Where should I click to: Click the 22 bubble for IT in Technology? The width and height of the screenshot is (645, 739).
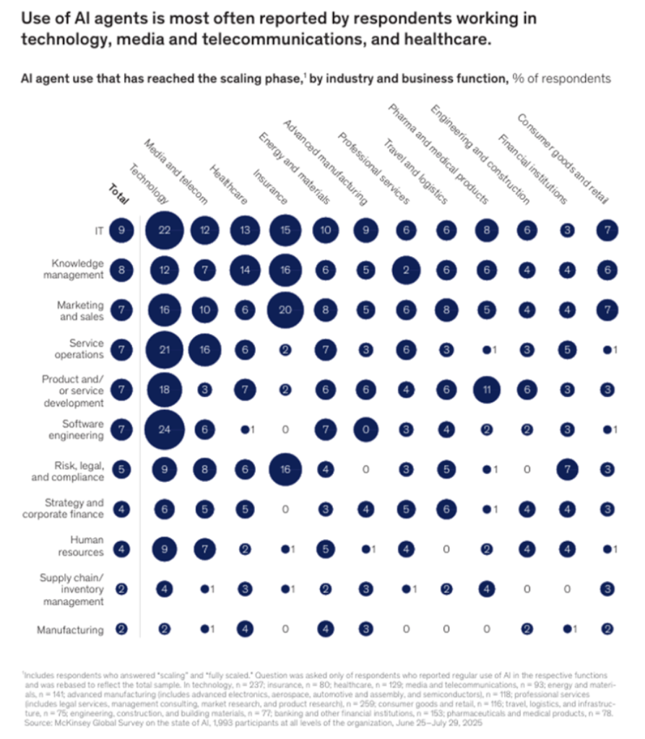(165, 231)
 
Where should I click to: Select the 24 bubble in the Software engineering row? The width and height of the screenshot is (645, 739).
(165, 430)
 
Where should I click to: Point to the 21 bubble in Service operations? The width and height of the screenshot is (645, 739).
(165, 350)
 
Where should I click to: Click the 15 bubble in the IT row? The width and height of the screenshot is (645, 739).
(285, 231)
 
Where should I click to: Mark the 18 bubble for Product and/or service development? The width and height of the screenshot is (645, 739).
(165, 390)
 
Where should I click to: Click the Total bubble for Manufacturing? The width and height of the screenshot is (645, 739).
(121, 629)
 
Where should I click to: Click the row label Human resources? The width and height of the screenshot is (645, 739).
(86, 546)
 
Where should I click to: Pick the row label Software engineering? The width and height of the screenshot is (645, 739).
(82, 430)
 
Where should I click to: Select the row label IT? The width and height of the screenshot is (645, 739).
(96, 231)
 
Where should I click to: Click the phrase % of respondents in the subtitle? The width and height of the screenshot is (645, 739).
(561, 78)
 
